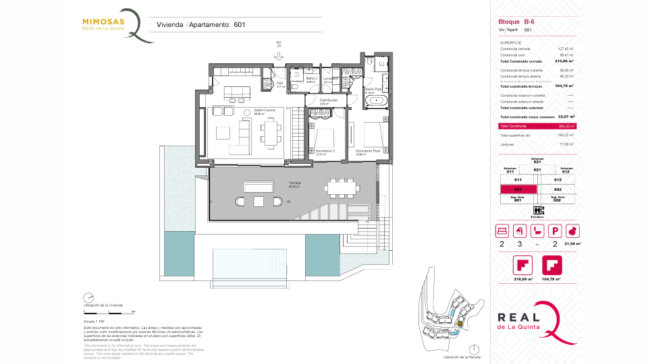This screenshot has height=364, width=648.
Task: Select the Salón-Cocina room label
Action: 264,110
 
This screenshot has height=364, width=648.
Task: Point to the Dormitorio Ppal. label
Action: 369,151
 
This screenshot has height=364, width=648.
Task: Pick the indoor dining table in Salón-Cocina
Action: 271,132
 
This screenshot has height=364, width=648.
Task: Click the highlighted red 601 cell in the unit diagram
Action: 518,189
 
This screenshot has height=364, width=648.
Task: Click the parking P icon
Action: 556,231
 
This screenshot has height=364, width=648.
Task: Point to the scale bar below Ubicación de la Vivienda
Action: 108,312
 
